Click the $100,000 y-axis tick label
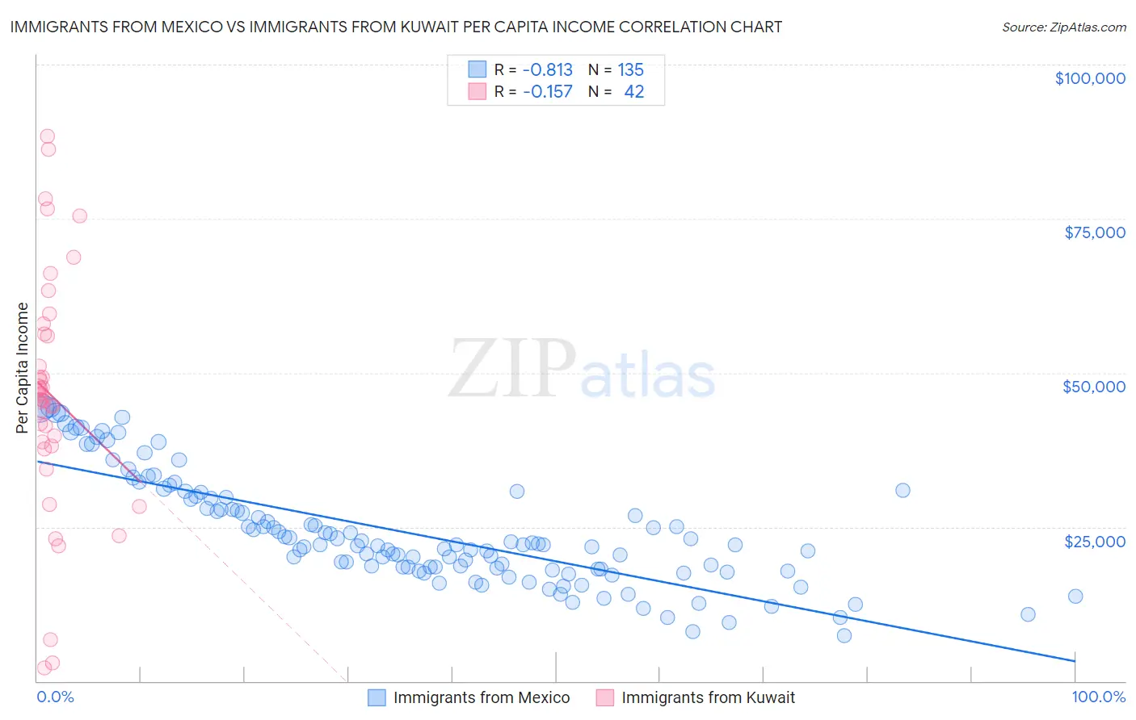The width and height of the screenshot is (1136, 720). [x=1089, y=78]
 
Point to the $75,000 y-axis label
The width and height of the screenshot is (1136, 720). [x=1094, y=232]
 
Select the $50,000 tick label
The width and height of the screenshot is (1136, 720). [x=1093, y=387]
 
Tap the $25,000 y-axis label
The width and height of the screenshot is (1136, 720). [x=1094, y=541]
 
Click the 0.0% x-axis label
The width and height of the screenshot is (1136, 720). [x=55, y=697]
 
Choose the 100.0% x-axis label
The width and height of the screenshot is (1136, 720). [x=1098, y=697]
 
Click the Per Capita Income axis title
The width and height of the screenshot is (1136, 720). [x=23, y=367]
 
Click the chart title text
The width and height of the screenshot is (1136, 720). [x=396, y=27]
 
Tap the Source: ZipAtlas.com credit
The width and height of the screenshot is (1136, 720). [x=1063, y=27]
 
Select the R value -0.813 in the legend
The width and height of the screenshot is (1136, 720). [x=547, y=69]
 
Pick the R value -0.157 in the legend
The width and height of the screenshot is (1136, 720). [x=547, y=92]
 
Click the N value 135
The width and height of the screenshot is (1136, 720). [x=630, y=69]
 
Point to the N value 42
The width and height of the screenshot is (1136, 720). [x=633, y=92]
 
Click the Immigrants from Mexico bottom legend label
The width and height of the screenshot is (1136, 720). [x=481, y=697]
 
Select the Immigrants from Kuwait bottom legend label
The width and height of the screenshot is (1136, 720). [x=708, y=697]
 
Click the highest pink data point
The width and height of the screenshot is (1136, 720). [x=48, y=136]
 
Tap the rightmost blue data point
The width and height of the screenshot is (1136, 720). [x=1075, y=597]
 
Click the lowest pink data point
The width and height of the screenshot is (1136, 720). [x=44, y=668]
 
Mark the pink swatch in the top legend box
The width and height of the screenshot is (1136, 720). [x=477, y=92]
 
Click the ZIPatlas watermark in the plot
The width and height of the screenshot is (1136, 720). [x=582, y=370]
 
